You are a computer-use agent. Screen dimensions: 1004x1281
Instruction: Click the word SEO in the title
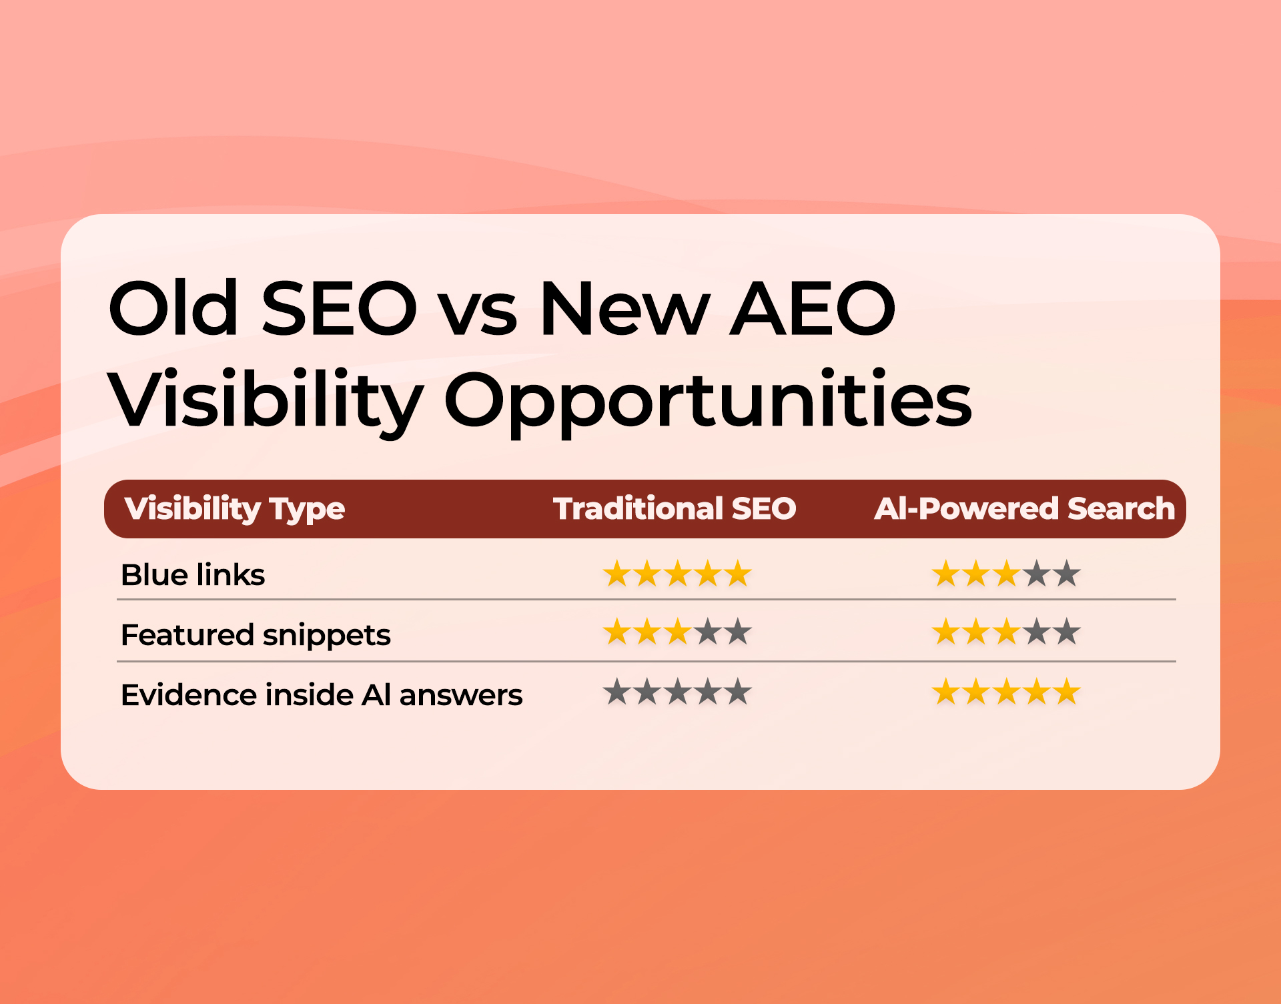339,308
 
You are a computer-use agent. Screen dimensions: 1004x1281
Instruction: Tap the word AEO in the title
812,308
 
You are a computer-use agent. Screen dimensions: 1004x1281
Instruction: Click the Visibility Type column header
235,509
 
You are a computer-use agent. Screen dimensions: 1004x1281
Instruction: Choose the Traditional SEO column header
675,509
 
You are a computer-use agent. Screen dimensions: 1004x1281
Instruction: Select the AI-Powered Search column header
1024,509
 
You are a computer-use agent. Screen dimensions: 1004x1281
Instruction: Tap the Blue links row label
193,575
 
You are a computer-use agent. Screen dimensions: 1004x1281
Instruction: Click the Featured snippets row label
256,634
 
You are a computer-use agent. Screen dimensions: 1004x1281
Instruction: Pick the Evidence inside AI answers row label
322,695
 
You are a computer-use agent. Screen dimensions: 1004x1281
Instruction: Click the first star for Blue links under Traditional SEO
616,574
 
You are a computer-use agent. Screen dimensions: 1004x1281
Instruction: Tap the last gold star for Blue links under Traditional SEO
738,574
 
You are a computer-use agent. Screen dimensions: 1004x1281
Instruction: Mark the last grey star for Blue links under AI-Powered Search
1067,574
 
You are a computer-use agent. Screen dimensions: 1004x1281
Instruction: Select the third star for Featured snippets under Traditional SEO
677,632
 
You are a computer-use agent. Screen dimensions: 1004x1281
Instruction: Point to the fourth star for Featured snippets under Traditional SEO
708,632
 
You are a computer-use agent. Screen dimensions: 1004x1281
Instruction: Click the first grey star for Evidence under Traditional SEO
616,692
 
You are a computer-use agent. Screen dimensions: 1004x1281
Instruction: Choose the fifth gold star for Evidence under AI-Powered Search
1067,692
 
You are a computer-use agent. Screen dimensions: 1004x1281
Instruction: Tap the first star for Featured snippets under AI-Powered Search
945,632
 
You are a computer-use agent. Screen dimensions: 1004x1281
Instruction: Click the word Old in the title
173,308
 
